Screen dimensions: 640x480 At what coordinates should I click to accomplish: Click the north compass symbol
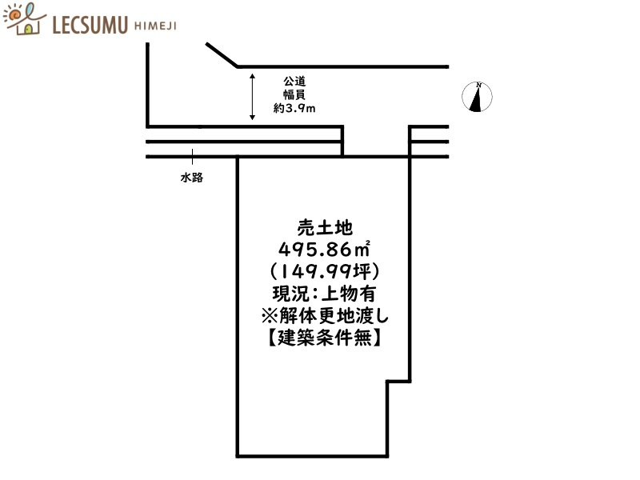pyautogui.click(x=477, y=97)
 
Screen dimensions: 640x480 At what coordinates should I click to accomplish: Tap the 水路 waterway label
pyautogui.click(x=192, y=178)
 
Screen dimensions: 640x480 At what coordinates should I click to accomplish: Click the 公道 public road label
pyautogui.click(x=294, y=82)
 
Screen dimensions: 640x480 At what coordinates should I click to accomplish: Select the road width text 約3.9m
pyautogui.click(x=294, y=108)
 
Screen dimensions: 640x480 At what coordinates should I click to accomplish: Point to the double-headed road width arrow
pyautogui.click(x=252, y=97)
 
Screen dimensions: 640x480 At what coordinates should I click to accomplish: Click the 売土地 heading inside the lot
pyautogui.click(x=325, y=228)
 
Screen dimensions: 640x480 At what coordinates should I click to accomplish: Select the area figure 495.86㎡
pyautogui.click(x=325, y=249)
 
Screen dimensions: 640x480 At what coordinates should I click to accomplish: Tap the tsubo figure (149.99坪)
pyautogui.click(x=325, y=271)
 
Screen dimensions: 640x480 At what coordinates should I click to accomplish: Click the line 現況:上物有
pyautogui.click(x=325, y=294)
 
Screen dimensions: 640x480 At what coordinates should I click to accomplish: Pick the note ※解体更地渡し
pyautogui.click(x=325, y=316)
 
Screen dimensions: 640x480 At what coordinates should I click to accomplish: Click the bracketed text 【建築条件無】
pyautogui.click(x=325, y=338)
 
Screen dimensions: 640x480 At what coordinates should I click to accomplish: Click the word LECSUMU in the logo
pyautogui.click(x=90, y=25)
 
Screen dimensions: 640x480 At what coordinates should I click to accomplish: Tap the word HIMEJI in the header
pyautogui.click(x=155, y=26)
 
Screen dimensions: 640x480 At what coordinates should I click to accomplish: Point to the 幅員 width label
pyautogui.click(x=294, y=94)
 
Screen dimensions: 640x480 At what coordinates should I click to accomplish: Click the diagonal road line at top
pyautogui.click(x=222, y=54)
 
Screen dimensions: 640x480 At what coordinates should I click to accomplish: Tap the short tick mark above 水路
pyautogui.click(x=192, y=157)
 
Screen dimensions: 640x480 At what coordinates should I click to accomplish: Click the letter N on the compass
pyautogui.click(x=478, y=85)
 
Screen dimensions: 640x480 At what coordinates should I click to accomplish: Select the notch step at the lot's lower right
pyautogui.click(x=398, y=382)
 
